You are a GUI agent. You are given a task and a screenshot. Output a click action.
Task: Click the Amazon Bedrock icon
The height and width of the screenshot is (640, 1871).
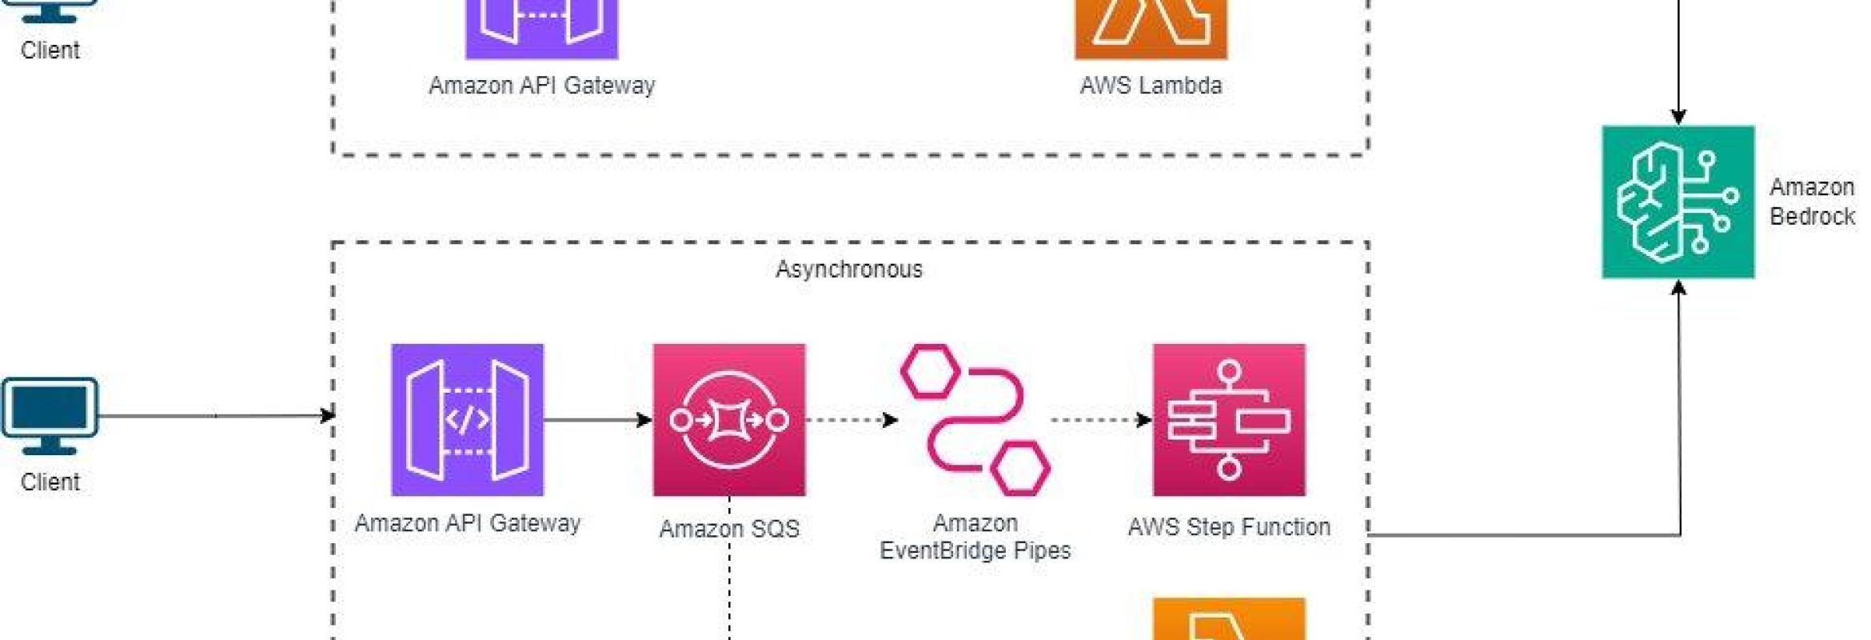1678,202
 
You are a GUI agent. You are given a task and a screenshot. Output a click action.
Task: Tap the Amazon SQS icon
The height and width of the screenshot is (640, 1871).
728,419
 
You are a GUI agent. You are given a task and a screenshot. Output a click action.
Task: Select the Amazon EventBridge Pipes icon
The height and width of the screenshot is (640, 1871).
975,419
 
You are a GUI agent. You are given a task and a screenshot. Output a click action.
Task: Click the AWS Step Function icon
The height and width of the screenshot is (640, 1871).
1228,419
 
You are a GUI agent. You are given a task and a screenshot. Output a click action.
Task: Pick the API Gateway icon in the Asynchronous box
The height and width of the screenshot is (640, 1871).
467,419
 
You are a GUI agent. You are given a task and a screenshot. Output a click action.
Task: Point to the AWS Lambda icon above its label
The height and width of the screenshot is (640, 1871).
1150,24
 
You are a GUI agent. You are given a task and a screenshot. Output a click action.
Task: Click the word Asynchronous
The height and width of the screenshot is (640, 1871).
848,269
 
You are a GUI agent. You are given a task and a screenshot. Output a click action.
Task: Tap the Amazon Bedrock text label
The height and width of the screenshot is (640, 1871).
1811,202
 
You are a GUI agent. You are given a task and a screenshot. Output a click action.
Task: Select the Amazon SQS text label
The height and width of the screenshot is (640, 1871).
728,528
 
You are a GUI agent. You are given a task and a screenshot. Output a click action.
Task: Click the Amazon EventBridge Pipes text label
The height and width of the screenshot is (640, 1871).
975,536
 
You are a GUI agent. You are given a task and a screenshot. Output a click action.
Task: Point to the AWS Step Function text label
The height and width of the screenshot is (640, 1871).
1228,526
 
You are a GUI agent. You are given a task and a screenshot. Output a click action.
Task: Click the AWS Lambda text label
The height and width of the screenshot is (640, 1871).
1150,85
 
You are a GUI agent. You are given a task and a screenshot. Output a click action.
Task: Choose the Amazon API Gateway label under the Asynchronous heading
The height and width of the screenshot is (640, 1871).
467,522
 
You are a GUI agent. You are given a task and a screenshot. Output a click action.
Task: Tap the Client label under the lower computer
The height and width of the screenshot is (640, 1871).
50,482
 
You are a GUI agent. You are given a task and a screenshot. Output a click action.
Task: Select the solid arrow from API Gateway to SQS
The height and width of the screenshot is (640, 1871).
597,419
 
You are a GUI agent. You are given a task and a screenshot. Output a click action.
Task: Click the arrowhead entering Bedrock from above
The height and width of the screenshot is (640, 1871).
1678,117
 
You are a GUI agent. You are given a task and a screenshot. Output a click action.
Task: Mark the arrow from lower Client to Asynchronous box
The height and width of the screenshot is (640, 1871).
216,415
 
